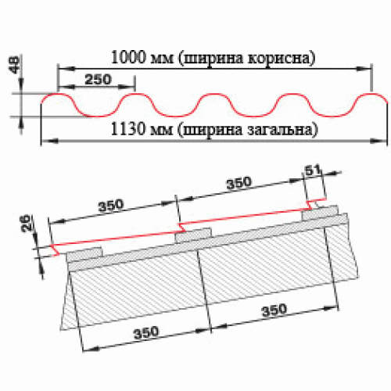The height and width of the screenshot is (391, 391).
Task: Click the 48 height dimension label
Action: (x=15, y=65)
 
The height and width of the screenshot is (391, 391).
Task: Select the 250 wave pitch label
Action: (x=98, y=79)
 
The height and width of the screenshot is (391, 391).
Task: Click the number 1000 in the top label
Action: (x=128, y=57)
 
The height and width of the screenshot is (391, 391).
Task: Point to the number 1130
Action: (x=127, y=129)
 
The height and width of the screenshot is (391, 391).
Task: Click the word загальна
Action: (x=282, y=130)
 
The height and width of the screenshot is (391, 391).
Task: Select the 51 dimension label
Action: (x=313, y=170)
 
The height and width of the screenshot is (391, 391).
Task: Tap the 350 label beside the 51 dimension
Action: (x=239, y=183)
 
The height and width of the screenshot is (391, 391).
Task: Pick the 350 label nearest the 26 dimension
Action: (x=111, y=206)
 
